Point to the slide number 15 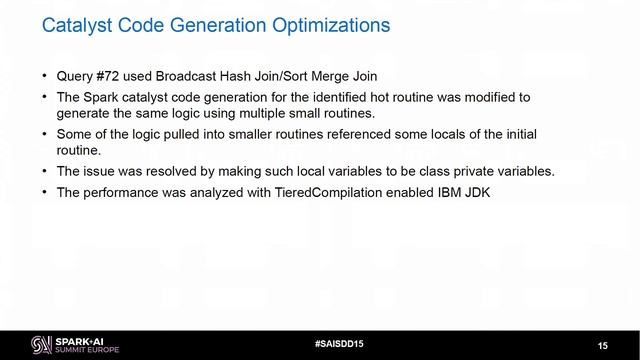coord(603,345)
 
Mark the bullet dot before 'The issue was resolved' coord(44,170)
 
